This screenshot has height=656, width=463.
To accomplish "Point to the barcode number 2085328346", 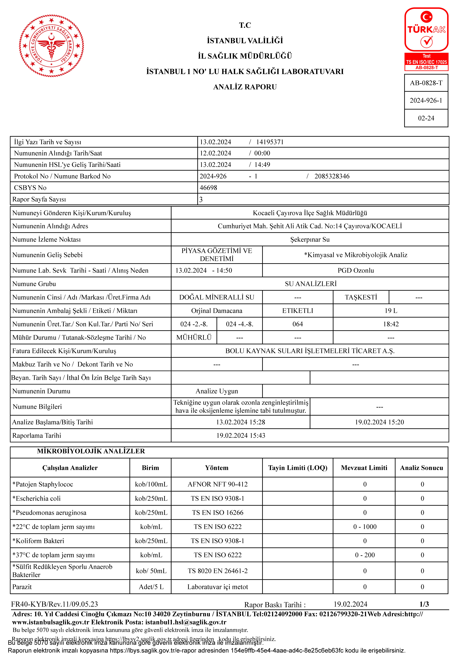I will [x=332, y=176].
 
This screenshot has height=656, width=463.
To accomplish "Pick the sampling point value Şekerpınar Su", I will [x=310, y=239].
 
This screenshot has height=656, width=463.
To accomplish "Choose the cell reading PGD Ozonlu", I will [x=355, y=271].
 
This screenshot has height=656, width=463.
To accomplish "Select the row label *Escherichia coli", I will [x=37, y=499].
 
